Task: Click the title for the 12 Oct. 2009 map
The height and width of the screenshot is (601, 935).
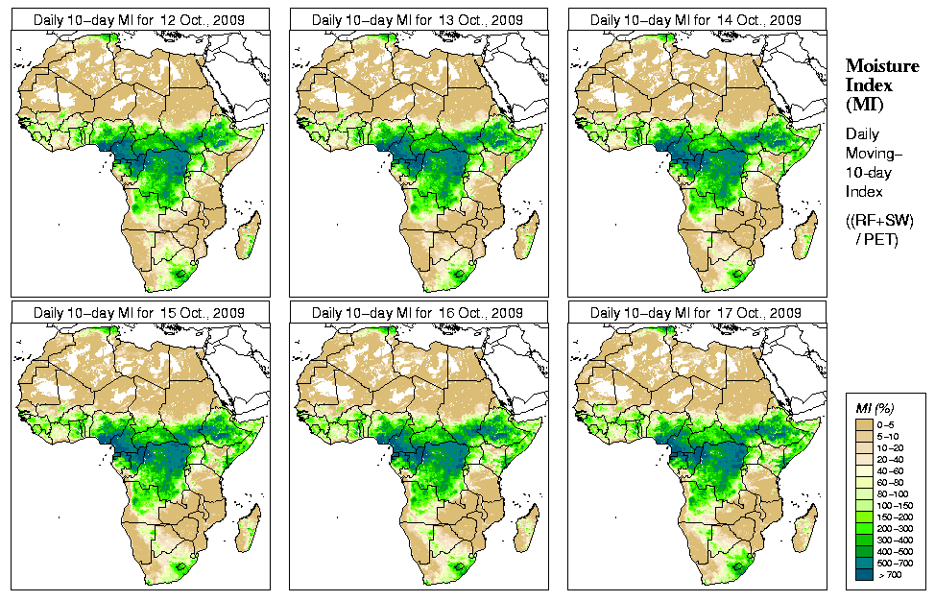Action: (138, 19)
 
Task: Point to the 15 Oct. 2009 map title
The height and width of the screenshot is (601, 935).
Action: (138, 313)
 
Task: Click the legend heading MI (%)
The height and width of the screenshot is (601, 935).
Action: (874, 409)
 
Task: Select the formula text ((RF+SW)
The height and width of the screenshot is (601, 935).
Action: (879, 220)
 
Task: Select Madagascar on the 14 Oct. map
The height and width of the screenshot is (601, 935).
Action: (806, 236)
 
